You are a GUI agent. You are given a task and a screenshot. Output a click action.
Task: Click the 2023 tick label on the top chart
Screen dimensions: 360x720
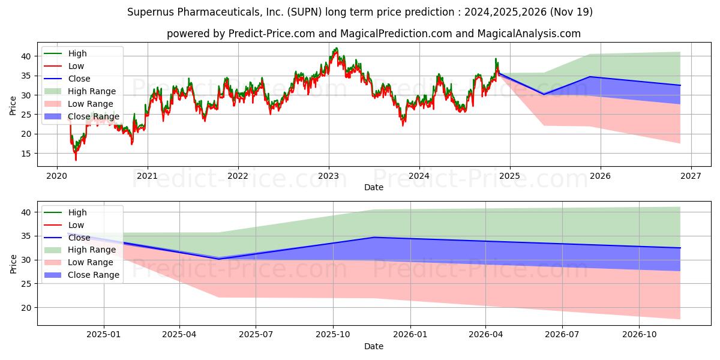328,176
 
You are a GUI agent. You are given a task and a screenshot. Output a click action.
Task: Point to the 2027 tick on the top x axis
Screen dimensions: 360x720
691,176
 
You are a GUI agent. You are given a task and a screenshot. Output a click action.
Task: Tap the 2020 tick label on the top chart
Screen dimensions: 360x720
56,176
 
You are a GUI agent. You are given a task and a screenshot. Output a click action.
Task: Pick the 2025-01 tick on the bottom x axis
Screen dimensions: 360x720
104,335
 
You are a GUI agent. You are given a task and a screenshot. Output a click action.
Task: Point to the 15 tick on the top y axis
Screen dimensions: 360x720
26,154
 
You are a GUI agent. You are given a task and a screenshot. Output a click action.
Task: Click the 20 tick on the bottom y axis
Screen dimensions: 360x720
26,308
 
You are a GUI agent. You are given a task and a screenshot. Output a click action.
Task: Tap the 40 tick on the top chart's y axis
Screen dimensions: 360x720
26,56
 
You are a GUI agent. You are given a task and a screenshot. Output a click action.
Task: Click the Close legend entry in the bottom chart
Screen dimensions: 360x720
79,238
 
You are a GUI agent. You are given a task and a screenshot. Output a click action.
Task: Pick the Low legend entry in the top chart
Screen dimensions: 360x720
76,66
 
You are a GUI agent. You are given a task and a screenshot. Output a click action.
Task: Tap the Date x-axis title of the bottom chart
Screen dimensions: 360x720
373,346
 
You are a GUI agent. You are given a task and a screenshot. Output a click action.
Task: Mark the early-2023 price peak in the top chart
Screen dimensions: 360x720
335,49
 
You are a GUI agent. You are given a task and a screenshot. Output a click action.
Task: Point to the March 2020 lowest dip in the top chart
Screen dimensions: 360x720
76,160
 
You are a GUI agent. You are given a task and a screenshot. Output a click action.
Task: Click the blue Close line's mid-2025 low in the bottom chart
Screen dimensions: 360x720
218,259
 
